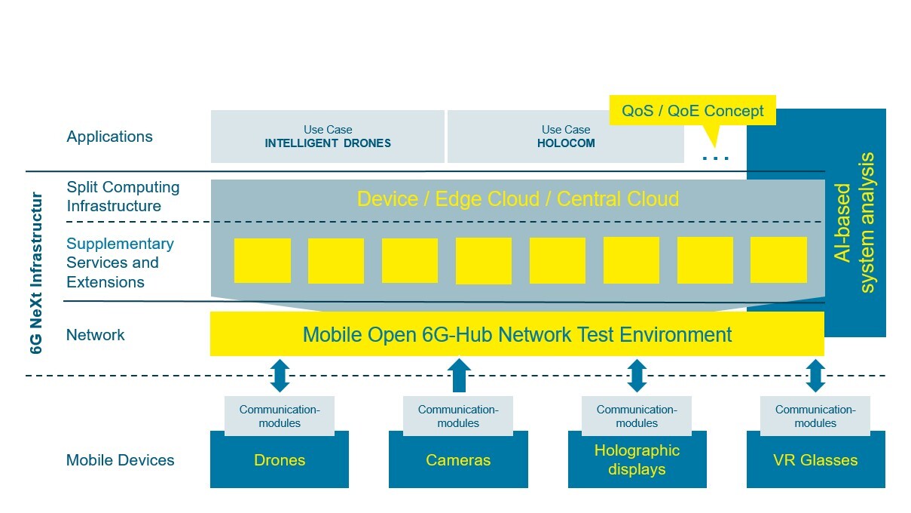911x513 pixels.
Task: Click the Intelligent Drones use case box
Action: click(x=327, y=137)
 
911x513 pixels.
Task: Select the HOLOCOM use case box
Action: click(x=565, y=137)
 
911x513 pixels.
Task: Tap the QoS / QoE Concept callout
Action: click(x=692, y=112)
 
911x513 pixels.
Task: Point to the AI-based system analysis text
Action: click(x=855, y=223)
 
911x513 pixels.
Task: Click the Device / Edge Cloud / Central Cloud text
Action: click(x=518, y=199)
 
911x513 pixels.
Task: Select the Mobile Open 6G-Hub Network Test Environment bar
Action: click(x=517, y=334)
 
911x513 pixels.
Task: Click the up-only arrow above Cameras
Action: click(x=458, y=375)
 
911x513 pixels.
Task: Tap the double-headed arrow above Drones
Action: click(x=280, y=375)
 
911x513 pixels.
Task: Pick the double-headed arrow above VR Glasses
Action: click(x=815, y=375)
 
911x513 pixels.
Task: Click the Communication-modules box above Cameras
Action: click(x=458, y=416)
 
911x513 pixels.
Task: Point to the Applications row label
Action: click(x=109, y=137)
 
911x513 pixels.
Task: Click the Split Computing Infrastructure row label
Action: click(x=123, y=196)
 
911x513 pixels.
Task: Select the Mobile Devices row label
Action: click(x=120, y=460)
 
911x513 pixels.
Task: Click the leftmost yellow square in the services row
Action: click(x=262, y=260)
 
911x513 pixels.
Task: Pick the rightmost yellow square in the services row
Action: click(x=778, y=260)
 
